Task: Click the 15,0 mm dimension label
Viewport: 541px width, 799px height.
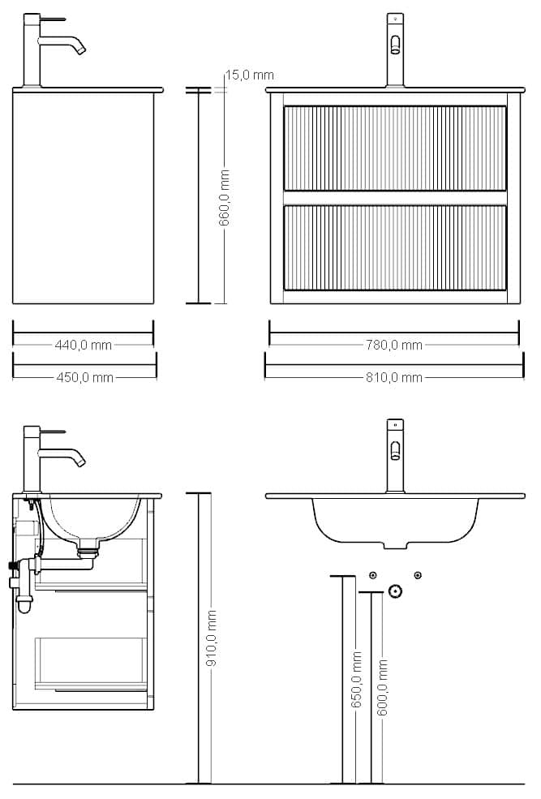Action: [250, 75]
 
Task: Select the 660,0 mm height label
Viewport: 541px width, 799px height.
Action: [224, 198]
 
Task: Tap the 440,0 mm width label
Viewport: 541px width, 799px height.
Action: [83, 345]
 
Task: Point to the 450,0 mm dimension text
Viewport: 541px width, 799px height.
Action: [84, 377]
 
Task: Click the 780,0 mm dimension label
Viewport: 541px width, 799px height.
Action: [393, 345]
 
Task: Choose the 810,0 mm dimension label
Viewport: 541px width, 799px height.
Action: [393, 377]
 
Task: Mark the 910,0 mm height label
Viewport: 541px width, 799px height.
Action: [212, 638]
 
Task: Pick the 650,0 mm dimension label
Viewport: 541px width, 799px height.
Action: [357, 679]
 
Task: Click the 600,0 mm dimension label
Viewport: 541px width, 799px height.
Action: [383, 687]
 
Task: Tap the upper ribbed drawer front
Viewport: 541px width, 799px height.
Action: [395, 148]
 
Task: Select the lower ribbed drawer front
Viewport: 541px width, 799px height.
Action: [395, 247]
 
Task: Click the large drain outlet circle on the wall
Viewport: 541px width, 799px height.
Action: [395, 591]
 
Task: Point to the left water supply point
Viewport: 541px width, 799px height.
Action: [373, 575]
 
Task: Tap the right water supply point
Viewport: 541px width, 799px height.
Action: [418, 575]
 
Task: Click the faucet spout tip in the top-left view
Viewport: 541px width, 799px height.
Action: [80, 50]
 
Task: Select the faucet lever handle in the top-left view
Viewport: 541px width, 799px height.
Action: [53, 19]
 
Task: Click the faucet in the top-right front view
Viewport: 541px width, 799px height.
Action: [395, 50]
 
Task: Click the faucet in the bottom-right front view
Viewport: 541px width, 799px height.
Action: [395, 456]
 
